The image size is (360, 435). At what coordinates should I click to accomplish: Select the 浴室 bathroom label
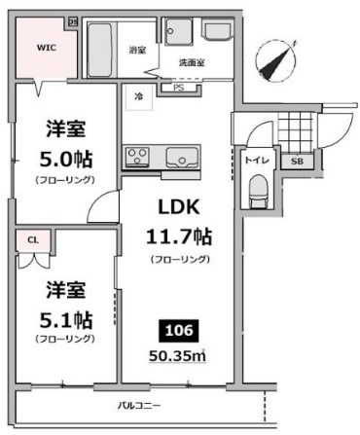tap(137, 49)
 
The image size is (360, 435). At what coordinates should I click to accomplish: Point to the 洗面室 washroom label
tap(191, 62)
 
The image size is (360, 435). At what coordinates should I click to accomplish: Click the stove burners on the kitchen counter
tap(136, 156)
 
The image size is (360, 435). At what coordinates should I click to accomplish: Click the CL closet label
tap(32, 237)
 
